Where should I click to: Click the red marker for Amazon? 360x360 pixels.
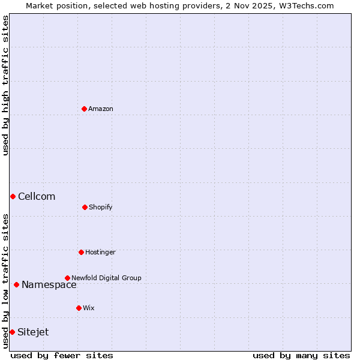pos(84,109)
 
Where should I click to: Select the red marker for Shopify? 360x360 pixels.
pos(85,207)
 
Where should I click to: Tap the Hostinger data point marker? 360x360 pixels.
pos(81,252)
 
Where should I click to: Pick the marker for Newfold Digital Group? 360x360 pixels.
pos(67,278)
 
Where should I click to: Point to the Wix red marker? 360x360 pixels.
pos(79,308)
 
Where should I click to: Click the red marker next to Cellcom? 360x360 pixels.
pos(13,196)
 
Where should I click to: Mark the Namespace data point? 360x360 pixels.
pos(16,284)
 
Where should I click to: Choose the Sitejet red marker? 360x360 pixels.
pos(12,332)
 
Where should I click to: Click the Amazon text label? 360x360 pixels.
pos(101,109)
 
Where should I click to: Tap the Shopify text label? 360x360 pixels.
pos(101,208)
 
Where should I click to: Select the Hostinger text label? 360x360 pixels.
pos(100,253)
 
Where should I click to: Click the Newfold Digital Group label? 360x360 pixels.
pos(106,278)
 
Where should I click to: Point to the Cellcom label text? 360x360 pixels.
pos(37,197)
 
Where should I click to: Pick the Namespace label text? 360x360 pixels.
pos(49,285)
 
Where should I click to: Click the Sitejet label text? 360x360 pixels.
pos(33,332)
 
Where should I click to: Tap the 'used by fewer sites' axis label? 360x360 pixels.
pos(62,355)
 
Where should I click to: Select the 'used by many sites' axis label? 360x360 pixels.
pos(301,355)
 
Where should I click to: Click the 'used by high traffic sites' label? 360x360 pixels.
pos(5,85)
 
